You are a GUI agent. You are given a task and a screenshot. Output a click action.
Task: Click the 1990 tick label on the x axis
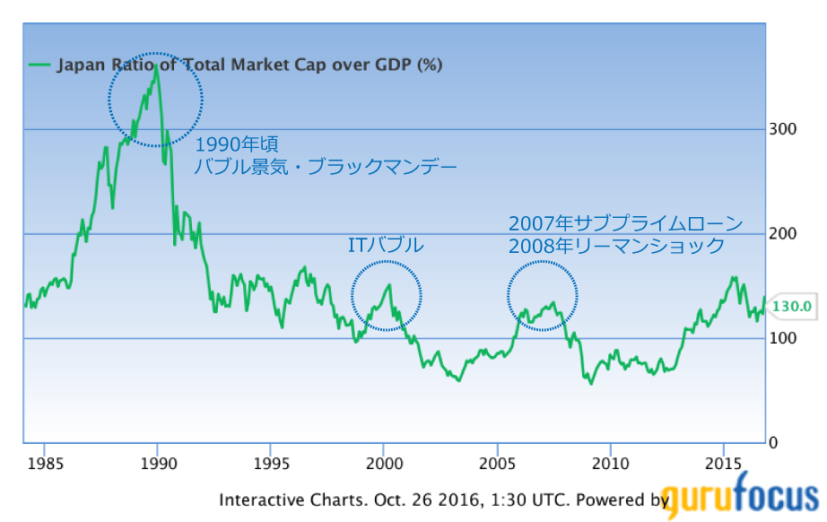click(x=158, y=465)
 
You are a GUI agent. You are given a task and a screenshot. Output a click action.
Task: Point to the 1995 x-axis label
click(x=271, y=465)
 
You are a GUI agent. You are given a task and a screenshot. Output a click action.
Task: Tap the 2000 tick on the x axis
click(x=384, y=465)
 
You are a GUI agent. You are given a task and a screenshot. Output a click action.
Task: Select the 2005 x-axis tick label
click(x=497, y=465)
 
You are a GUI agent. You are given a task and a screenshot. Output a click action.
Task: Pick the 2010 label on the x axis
click(x=610, y=465)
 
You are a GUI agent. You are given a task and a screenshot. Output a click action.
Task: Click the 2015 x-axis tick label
click(x=723, y=465)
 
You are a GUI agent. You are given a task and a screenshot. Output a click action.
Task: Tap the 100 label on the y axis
click(x=783, y=338)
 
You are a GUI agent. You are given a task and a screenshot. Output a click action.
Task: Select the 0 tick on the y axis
click(x=774, y=443)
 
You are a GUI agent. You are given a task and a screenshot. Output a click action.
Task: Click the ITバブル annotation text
click(x=385, y=245)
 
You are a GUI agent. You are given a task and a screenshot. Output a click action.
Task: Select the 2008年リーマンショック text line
click(x=616, y=245)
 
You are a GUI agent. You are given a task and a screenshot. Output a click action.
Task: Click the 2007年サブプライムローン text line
click(x=625, y=222)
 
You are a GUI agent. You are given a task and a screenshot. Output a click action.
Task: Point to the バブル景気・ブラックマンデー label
click(x=326, y=167)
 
